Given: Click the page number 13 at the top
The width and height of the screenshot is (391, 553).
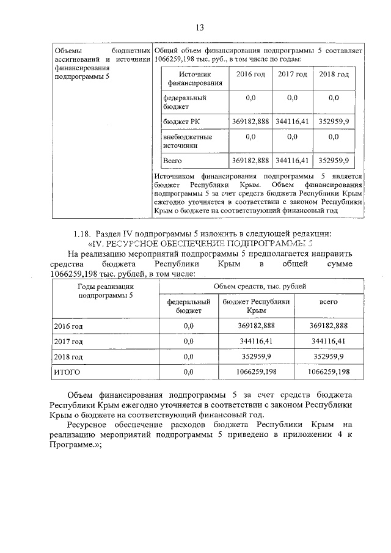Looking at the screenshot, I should pos(199,27).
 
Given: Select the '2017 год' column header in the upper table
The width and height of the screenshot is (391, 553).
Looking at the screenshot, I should pos(292,75).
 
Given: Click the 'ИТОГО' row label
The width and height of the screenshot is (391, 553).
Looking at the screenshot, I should pos(67,371).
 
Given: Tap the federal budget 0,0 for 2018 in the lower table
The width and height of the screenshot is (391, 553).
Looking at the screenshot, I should pos(188,356).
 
